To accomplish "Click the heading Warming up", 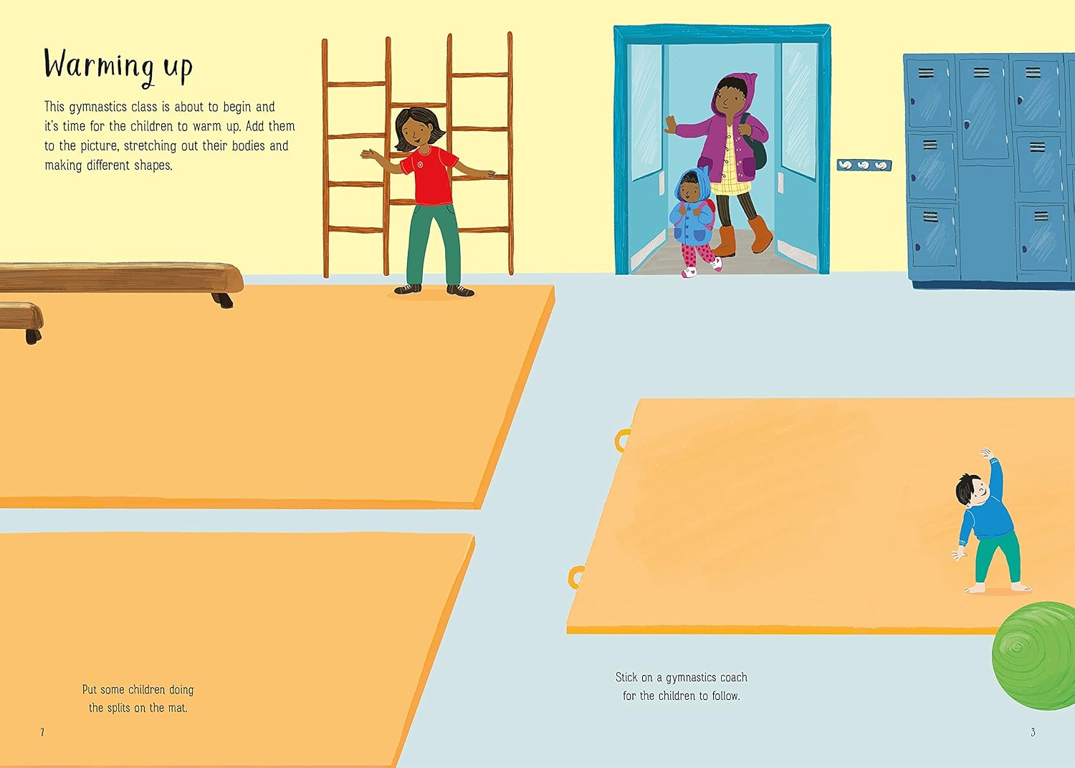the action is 118,67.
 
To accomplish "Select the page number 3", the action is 1033,732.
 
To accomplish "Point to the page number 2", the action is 42,732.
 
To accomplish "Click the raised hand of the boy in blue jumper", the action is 985,453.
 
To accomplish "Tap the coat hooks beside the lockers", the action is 864,165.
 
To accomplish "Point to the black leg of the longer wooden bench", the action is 223,299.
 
